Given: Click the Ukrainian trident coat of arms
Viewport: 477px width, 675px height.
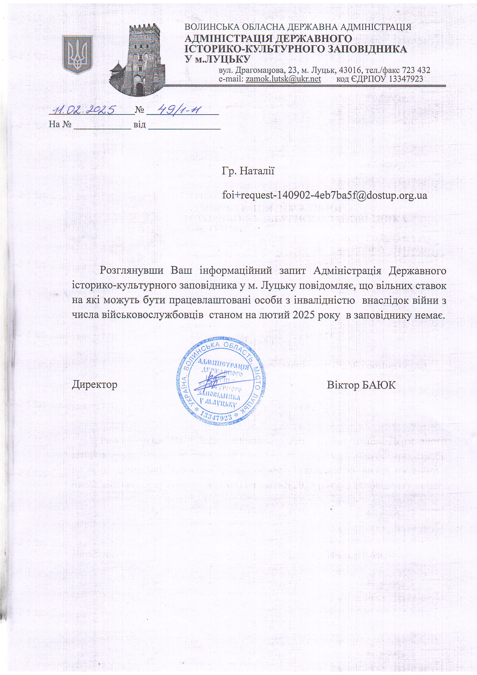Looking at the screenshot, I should tap(78, 54).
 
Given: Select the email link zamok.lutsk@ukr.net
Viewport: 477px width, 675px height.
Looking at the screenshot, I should tap(283, 79).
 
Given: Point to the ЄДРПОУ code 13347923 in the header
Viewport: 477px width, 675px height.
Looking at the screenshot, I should tap(406, 79).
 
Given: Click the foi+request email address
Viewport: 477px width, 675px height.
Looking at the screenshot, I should tap(324, 195).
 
